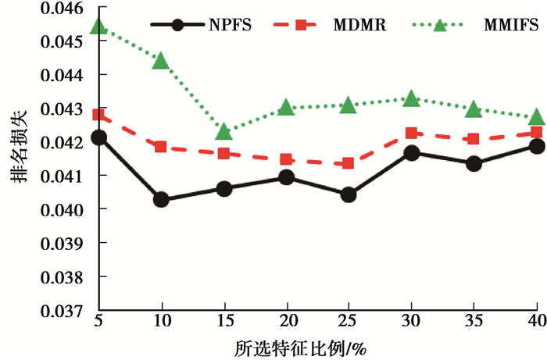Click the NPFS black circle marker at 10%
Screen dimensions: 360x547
pos(161,199)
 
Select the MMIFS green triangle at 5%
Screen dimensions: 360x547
pos(98,27)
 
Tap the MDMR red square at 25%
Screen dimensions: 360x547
pos(349,163)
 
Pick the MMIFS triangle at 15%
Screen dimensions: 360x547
pos(223,131)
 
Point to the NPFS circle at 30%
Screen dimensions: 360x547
pos(411,152)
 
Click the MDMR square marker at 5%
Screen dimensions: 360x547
pos(98,115)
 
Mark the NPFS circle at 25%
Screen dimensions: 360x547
pos(349,194)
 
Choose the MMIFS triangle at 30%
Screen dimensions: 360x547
pos(411,99)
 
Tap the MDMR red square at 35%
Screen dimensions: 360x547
pos(474,139)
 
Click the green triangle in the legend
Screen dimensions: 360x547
pos(440,24)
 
